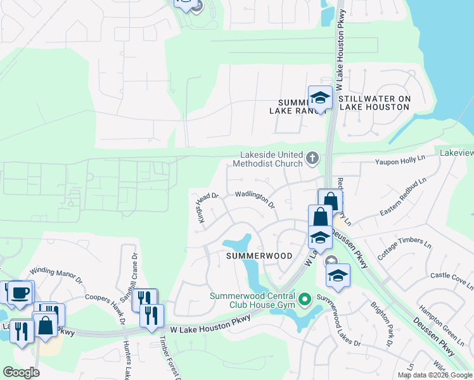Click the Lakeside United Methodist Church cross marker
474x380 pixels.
[x=311, y=158]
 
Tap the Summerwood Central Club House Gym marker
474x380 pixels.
[x=305, y=298]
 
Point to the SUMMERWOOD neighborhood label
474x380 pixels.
[x=260, y=256]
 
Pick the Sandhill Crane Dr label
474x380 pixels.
[x=126, y=277]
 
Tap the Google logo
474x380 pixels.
[x=21, y=372]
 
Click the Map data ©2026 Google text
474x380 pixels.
[x=435, y=375]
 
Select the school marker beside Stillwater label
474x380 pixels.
[x=320, y=98]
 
